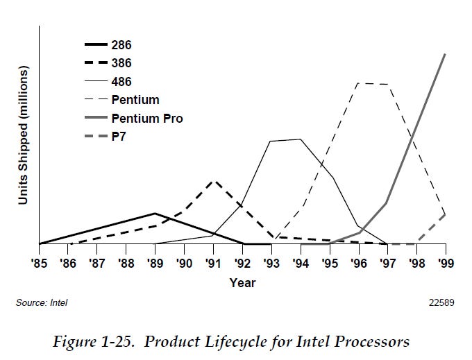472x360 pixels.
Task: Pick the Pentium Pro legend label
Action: coord(146,119)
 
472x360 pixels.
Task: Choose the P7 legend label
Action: coord(118,137)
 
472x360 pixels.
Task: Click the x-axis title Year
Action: coord(242,283)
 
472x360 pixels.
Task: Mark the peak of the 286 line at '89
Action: coord(155,214)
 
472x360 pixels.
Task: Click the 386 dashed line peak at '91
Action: coord(214,181)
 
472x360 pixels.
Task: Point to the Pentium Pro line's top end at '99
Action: coord(444,54)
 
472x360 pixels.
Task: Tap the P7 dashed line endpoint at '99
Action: coord(444,214)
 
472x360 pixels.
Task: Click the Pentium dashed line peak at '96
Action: coord(358,83)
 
